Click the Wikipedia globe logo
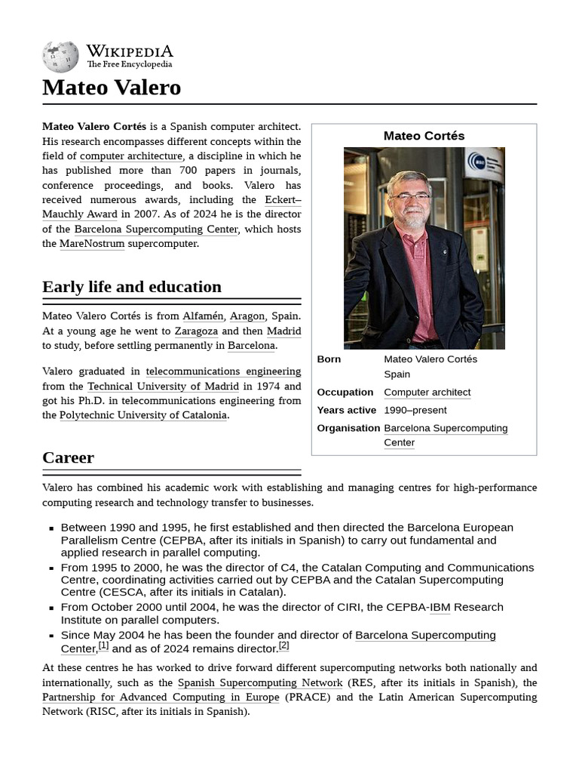(x=60, y=57)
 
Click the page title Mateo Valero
(x=112, y=88)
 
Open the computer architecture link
(x=131, y=156)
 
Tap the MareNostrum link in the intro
(x=92, y=244)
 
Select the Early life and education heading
(x=132, y=287)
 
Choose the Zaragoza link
(x=196, y=331)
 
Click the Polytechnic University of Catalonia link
(x=143, y=415)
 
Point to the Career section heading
(x=69, y=457)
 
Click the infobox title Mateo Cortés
(x=424, y=136)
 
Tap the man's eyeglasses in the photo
(x=410, y=196)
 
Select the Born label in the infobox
(x=329, y=359)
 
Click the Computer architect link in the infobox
(x=427, y=393)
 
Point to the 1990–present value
(x=415, y=411)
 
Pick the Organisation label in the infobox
(x=348, y=428)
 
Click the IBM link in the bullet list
(x=440, y=608)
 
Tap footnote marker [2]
(x=283, y=646)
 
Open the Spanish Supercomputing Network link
(x=260, y=683)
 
